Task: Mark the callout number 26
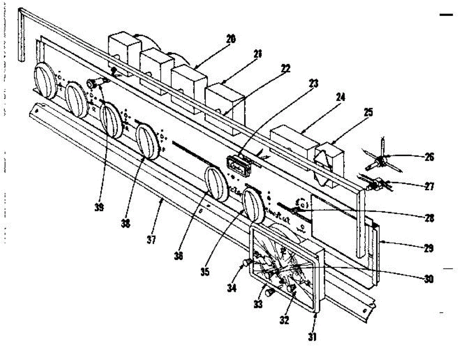click(429, 157)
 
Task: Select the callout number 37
click(152, 241)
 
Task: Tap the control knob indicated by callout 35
click(253, 206)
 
